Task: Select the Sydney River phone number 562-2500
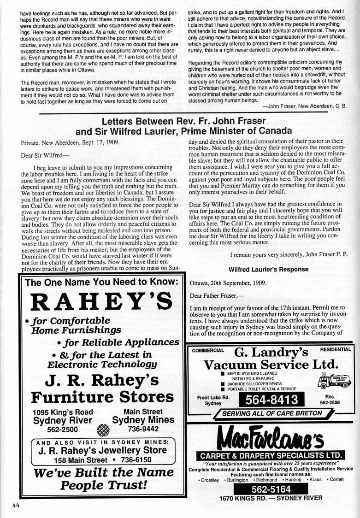point(49,429)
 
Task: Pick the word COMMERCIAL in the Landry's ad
point(208,350)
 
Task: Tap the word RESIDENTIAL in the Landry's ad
point(335,349)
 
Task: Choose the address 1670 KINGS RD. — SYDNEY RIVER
point(271,498)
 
